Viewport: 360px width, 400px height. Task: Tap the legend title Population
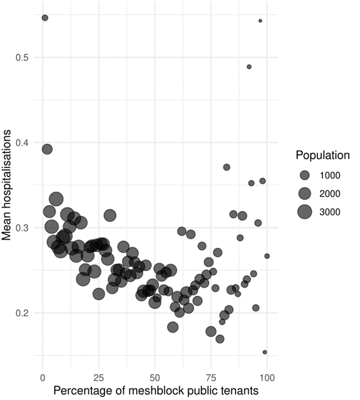[323, 156]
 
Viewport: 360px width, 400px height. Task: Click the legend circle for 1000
[304, 175]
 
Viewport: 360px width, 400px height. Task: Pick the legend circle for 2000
[304, 193]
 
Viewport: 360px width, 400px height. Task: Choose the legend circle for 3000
[304, 211]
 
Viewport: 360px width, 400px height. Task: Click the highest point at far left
[45, 18]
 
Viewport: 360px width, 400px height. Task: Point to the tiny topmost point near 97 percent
[260, 21]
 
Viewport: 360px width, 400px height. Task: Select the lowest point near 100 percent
[265, 352]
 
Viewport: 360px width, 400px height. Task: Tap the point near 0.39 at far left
[47, 149]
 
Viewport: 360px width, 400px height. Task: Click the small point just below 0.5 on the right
[249, 67]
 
